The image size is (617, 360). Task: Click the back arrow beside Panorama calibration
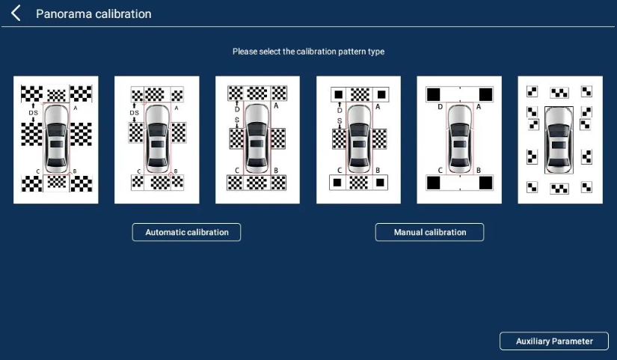(x=16, y=13)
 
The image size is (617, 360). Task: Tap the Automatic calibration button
(x=186, y=232)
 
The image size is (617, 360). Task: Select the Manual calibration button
(x=430, y=232)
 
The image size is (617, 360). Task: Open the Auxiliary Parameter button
(x=554, y=341)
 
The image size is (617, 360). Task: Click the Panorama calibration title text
(x=93, y=13)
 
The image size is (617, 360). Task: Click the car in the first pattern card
(x=56, y=138)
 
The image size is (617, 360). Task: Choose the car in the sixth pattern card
(x=559, y=140)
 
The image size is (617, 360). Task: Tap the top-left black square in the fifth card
(x=433, y=94)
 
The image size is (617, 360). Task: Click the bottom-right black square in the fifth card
(x=485, y=183)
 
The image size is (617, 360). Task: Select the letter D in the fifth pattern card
(x=440, y=107)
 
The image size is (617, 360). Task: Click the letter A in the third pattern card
(x=276, y=106)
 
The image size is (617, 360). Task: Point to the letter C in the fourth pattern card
(x=340, y=171)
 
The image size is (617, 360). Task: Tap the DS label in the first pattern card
(x=34, y=113)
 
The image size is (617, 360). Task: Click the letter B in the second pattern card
(x=176, y=171)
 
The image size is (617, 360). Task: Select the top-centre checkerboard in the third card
(x=257, y=94)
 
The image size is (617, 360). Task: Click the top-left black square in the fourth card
(x=338, y=94)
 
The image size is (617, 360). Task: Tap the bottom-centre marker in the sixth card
(x=559, y=189)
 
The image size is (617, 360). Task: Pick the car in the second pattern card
(x=157, y=138)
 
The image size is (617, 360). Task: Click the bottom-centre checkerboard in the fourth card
(x=359, y=183)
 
